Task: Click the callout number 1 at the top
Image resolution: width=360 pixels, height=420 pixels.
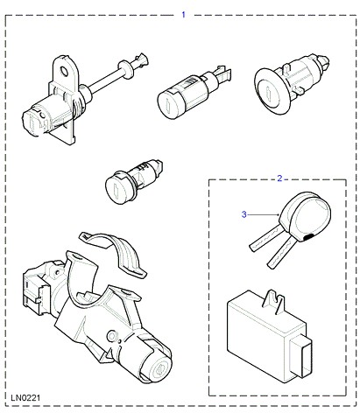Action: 183,14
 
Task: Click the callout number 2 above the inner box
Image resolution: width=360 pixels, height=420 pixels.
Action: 279,178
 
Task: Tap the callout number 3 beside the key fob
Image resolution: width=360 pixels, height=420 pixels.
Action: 244,214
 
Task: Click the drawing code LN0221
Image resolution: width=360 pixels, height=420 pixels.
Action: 25,397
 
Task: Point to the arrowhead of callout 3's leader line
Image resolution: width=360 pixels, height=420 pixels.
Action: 278,215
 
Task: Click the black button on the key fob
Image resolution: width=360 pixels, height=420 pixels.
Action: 307,237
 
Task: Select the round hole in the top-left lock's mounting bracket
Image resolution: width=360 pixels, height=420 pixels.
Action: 63,71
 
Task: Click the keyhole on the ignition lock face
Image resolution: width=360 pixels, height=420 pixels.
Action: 159,370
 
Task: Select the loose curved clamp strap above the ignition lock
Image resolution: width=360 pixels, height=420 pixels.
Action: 116,252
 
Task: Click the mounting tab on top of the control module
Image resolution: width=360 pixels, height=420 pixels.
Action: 273,302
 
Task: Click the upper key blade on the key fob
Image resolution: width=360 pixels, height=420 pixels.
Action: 265,240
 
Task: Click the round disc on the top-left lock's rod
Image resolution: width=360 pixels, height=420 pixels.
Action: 124,70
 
